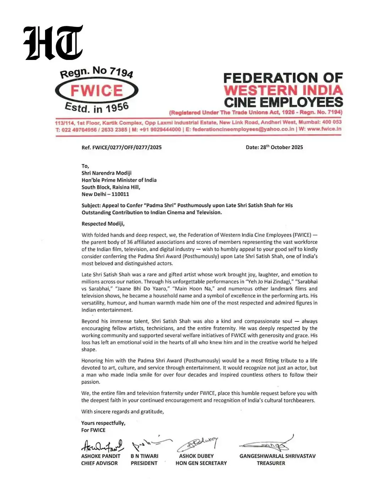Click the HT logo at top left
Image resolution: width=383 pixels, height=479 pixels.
tap(53, 43)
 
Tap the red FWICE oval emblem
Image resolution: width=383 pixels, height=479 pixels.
tap(96, 90)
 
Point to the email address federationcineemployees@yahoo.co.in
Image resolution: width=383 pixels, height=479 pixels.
tap(243, 129)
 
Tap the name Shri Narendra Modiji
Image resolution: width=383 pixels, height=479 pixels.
tap(106, 173)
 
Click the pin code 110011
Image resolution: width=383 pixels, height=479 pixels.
tap(120, 194)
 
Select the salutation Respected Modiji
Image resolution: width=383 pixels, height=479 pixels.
tap(103, 224)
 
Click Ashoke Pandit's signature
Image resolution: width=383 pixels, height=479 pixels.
tap(102, 445)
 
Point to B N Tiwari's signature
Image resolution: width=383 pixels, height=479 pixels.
tap(150, 444)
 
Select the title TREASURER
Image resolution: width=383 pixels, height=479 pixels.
tap(271, 463)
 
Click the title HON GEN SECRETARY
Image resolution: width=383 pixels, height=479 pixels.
tap(201, 463)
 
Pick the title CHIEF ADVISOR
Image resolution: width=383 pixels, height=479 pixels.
tap(99, 463)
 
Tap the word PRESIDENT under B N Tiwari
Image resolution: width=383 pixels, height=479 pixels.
tap(144, 463)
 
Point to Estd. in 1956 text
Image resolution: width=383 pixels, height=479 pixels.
tap(96, 108)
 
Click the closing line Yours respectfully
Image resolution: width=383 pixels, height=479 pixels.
tap(103, 423)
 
